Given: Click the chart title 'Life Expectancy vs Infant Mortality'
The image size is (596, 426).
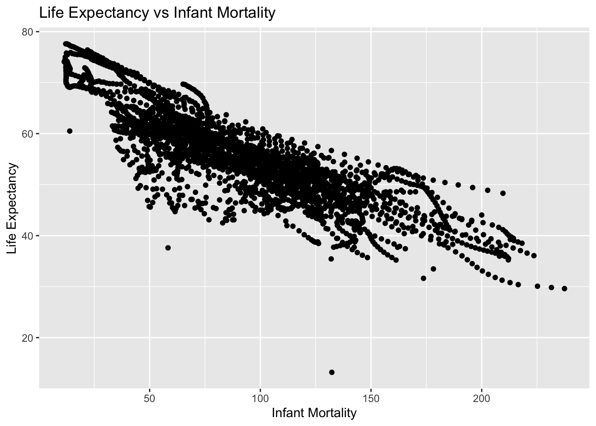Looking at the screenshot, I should click(157, 13).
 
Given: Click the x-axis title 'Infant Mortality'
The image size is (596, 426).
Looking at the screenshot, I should click(314, 413).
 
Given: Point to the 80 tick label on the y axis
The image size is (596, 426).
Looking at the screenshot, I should click(28, 32).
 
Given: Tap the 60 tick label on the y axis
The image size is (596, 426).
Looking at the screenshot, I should click(28, 134).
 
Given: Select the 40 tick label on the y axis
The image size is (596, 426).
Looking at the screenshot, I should click(28, 236).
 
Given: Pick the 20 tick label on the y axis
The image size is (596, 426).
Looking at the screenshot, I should click(28, 338).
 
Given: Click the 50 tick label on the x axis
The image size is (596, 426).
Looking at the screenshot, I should click(149, 396).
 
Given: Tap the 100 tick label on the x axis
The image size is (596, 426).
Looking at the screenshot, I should click(260, 396).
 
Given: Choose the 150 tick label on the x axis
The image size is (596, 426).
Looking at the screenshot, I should click(371, 396).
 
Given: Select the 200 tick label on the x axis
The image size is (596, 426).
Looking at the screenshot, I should click(482, 396).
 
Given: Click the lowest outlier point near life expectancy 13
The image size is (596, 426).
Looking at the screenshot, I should click(332, 372).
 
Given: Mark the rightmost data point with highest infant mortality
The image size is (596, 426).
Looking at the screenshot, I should click(565, 288).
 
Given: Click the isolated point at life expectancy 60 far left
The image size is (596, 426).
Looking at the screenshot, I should click(70, 131).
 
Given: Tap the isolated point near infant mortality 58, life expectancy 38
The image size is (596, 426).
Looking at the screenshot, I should click(168, 248).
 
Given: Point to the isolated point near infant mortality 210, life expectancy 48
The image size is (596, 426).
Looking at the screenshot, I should click(503, 193).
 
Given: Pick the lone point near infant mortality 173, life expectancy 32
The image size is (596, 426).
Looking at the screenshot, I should click(423, 278).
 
